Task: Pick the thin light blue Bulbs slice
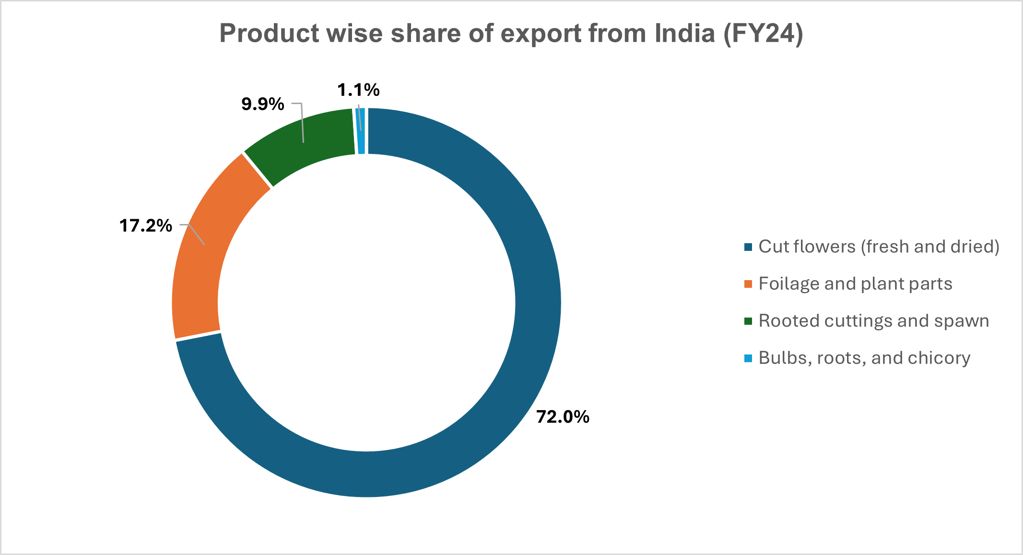[x=361, y=131]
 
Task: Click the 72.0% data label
[x=563, y=417]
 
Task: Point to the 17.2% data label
[x=145, y=225]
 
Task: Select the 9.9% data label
[x=262, y=104]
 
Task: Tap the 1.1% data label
[x=358, y=90]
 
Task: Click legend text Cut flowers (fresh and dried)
[x=879, y=247]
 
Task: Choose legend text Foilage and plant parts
[x=855, y=283]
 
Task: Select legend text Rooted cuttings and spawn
[x=873, y=320]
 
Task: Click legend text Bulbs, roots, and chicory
[x=864, y=358]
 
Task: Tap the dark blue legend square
[x=748, y=247]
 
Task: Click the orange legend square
[x=748, y=284]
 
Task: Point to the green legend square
[x=748, y=321]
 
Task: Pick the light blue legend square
[x=748, y=358]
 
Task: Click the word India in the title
[x=684, y=34]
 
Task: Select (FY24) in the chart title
[x=763, y=34]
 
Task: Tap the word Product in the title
[x=269, y=34]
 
